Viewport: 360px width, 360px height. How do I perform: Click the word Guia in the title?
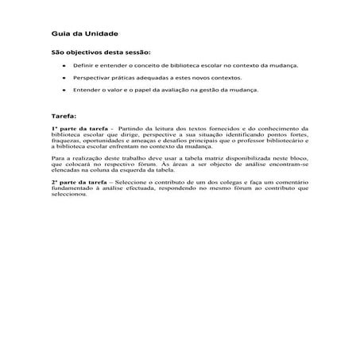pyautogui.click(x=58, y=35)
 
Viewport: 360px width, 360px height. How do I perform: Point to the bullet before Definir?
pyautogui.click(x=63, y=66)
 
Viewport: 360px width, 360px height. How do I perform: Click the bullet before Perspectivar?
pyautogui.click(x=63, y=78)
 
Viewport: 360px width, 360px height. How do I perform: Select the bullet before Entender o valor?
pyautogui.click(x=63, y=90)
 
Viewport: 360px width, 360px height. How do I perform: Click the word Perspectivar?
pyautogui.click(x=92, y=78)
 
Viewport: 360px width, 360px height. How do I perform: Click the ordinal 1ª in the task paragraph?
pyautogui.click(x=55, y=128)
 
